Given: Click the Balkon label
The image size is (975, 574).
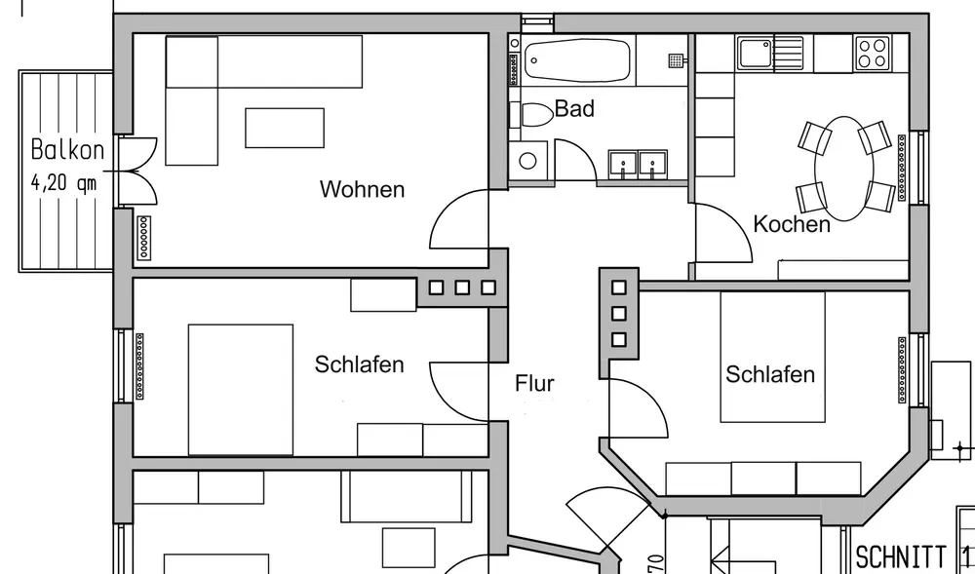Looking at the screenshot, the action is tap(67, 150).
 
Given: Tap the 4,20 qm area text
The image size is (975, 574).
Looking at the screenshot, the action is tap(64, 182).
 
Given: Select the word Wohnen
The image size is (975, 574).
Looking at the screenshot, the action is tap(362, 190).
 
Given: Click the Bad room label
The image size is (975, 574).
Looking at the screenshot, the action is tap(574, 109).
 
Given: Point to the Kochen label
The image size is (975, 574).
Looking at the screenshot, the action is tap(792, 225).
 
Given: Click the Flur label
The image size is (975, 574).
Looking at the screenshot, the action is tap(534, 384).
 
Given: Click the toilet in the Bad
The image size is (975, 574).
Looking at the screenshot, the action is tap(534, 115).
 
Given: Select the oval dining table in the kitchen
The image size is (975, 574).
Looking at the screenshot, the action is tap(845, 169).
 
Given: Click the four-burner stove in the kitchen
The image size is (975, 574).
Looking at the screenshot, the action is tap(872, 53).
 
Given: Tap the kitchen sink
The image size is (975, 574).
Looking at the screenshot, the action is tap(757, 53).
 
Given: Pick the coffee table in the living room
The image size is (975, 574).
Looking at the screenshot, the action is tap(284, 128).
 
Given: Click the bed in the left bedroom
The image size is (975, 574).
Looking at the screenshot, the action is tap(241, 389).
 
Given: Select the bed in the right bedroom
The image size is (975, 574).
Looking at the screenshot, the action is tap(773, 357).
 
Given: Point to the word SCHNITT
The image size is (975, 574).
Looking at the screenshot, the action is tap(901, 557).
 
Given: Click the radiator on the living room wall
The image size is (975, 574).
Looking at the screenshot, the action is tap(145, 237).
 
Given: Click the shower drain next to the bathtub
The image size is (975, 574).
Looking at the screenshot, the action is tap(676, 60).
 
